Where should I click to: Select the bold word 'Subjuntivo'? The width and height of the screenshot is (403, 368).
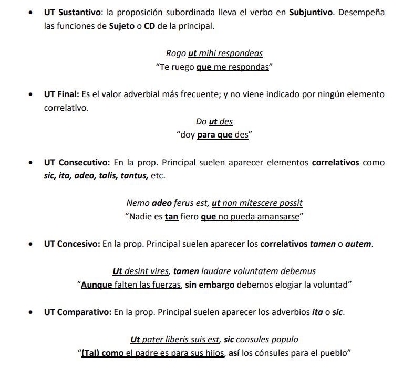(x=311, y=12)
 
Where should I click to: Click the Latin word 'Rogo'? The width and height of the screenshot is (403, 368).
(x=175, y=53)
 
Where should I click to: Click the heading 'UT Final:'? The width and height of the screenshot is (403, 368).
(x=61, y=94)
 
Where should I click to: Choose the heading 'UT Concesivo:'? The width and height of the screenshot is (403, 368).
(x=72, y=244)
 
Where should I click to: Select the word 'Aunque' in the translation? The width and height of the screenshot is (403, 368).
(x=97, y=285)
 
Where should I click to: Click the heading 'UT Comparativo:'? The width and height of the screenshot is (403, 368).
(x=77, y=312)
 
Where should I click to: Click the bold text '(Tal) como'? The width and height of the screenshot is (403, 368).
(x=102, y=353)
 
